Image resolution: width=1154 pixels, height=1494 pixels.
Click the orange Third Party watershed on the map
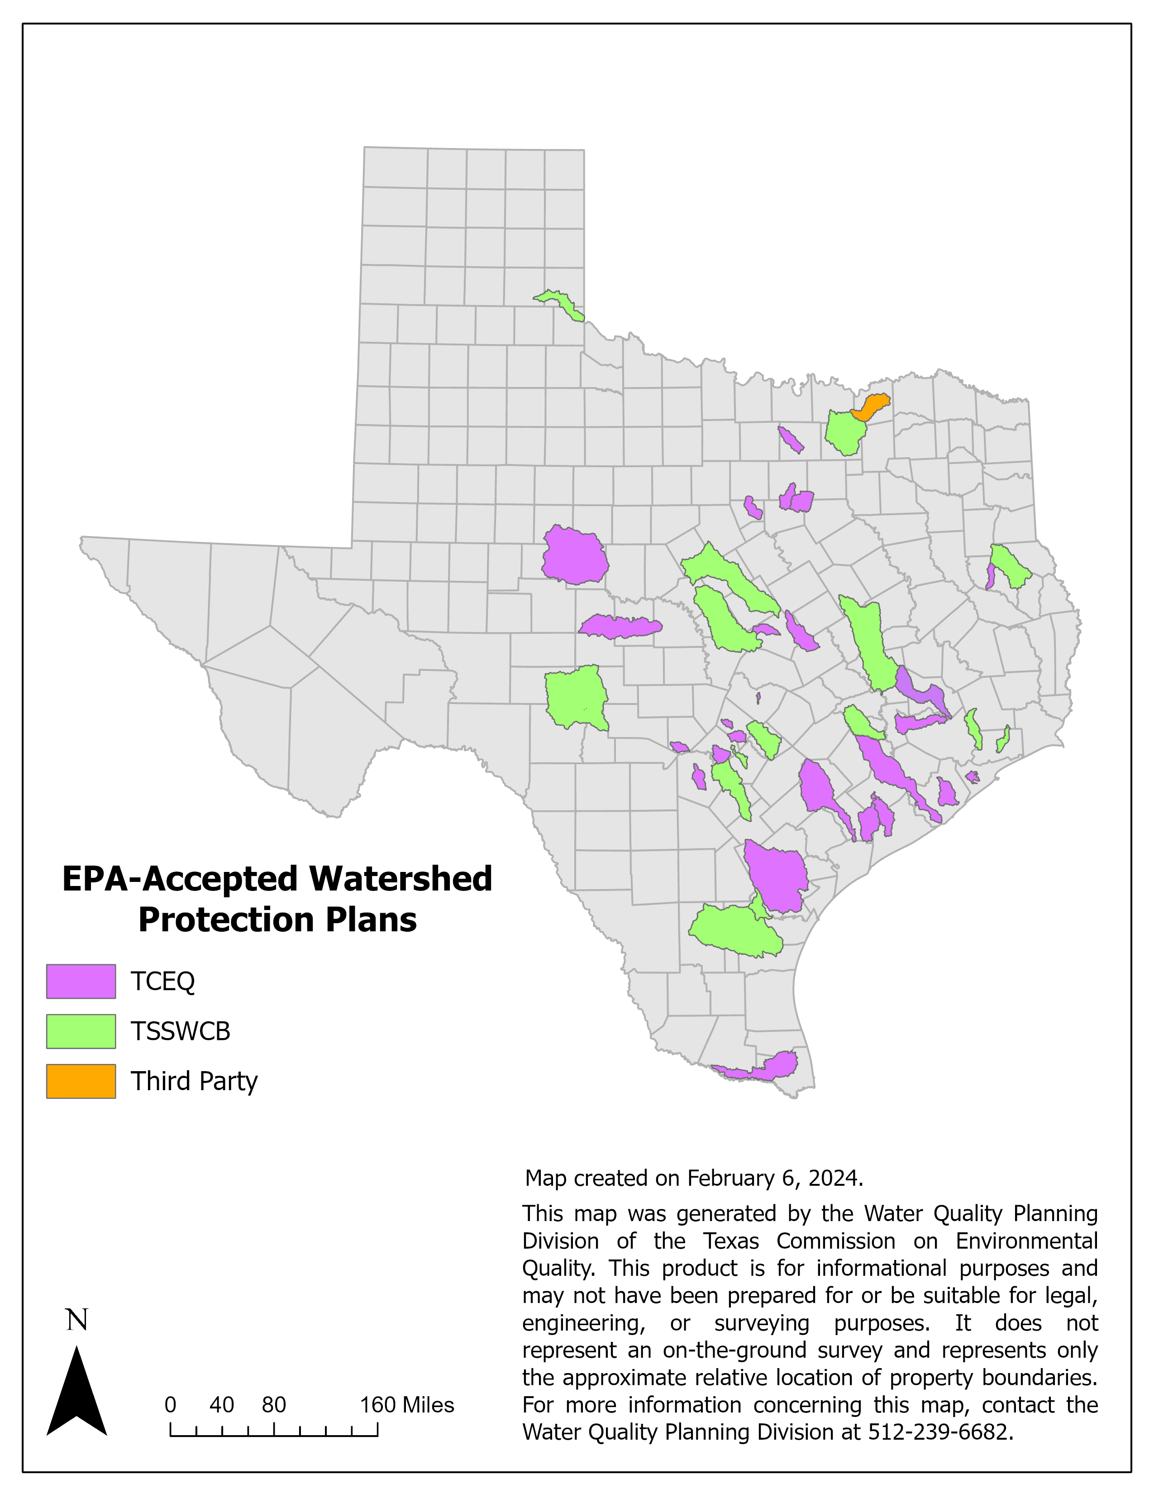pos(870,407)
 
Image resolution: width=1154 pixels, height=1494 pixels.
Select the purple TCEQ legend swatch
pos(81,981)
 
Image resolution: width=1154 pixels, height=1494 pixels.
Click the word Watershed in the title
pos(400,879)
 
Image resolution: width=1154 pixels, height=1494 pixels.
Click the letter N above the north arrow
pos(76,1320)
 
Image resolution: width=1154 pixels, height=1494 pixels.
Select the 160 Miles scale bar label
pos(407,1405)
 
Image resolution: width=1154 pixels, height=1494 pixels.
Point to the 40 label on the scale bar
pos(221,1405)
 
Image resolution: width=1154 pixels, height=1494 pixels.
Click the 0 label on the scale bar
pos(170,1405)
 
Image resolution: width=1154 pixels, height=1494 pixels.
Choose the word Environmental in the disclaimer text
pos(1026,1241)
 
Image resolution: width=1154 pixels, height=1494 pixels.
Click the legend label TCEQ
pos(163,981)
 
